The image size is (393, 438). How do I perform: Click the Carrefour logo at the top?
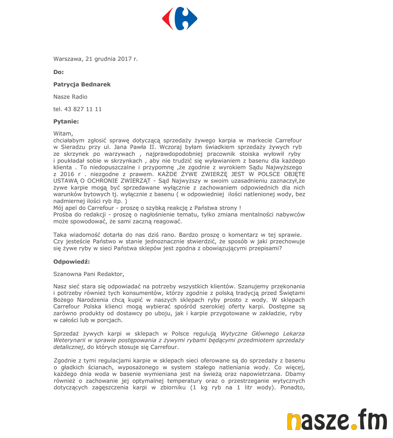[180, 19]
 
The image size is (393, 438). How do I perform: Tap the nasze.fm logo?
[336, 421]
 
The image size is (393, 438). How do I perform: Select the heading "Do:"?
[59, 72]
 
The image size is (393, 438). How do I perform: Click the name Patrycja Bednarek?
[82, 84]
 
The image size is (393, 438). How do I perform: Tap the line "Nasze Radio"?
[70, 97]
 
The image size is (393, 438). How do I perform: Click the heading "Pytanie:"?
[66, 121]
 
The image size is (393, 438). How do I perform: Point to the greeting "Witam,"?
[63, 134]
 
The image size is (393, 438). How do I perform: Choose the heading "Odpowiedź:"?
[71, 261]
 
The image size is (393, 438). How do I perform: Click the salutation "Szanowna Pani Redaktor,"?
[89, 274]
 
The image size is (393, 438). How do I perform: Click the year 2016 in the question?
[61, 173]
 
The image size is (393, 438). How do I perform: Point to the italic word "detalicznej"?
[69, 347]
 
